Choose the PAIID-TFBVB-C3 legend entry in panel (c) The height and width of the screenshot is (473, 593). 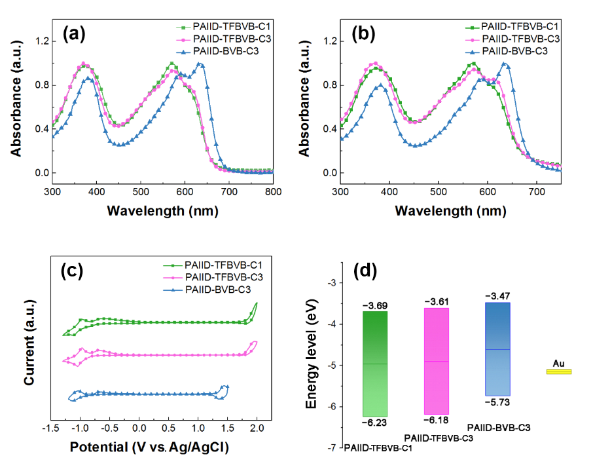pos(220,276)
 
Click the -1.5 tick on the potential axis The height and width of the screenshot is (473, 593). pos(50,428)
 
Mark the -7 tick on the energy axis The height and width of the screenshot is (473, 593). pos(332,447)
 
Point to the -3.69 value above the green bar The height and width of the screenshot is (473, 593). pos(375,305)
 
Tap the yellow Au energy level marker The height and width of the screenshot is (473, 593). pos(559,372)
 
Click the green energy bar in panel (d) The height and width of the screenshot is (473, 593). pos(375,364)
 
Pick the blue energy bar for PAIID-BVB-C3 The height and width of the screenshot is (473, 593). pos(497,349)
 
